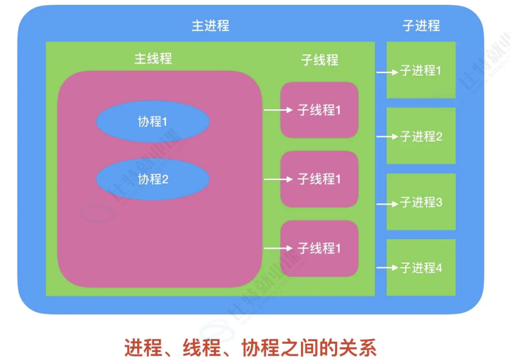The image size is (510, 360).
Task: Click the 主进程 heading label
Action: coord(210,26)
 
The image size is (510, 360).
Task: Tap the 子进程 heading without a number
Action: coord(421,26)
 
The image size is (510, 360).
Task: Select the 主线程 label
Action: coord(153,59)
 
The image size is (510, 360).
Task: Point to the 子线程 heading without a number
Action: coord(319,60)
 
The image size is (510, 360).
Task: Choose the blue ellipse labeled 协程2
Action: coord(153,179)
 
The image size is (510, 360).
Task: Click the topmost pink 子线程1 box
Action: coord(319,110)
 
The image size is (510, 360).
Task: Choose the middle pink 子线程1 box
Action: coord(319,179)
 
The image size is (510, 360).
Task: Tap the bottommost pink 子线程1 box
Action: coord(319,248)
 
